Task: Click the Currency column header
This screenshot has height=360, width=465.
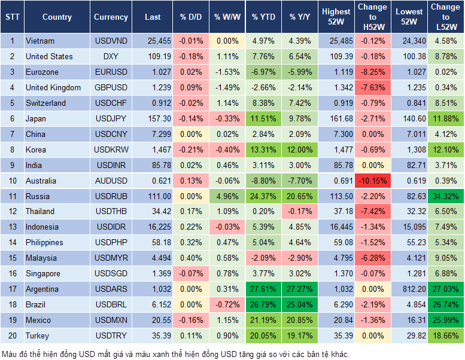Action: (x=111, y=17)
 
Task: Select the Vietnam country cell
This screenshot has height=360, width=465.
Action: (x=40, y=41)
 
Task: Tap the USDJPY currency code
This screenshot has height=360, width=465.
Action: (x=111, y=118)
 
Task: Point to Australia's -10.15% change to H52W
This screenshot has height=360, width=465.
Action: (x=372, y=181)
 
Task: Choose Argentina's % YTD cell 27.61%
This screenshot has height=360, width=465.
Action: (x=263, y=289)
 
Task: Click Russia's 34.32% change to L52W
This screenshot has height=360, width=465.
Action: (x=445, y=196)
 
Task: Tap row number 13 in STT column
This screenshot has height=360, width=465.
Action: (x=12, y=227)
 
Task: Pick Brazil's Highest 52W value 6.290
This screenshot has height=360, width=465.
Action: (x=336, y=304)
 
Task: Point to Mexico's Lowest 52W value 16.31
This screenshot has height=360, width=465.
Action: (x=409, y=320)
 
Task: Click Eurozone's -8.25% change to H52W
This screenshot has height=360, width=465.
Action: (x=372, y=72)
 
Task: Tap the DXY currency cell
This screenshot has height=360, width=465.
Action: (x=111, y=57)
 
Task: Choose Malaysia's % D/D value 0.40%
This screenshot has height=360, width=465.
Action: (x=191, y=258)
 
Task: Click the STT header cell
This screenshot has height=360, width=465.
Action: (x=12, y=17)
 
